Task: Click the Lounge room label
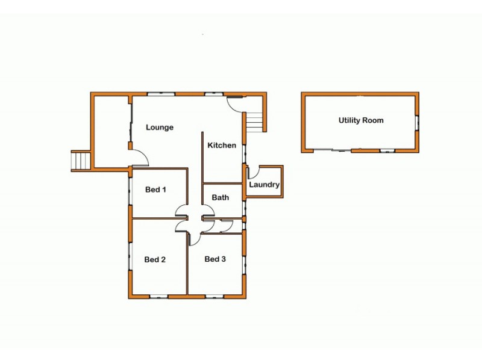160,128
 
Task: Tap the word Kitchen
222,146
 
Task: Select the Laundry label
264,185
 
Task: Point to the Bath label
220,197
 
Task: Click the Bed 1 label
155,190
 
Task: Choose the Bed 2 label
155,260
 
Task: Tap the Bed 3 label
215,259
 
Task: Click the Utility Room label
361,120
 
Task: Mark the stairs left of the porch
81,161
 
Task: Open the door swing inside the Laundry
253,172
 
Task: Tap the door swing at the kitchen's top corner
236,104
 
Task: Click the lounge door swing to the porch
140,158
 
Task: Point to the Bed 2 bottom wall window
158,295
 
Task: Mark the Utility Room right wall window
416,122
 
